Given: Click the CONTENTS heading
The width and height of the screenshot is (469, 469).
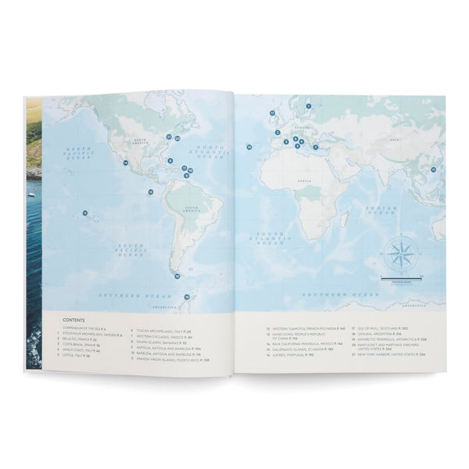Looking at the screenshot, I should tap(74, 320).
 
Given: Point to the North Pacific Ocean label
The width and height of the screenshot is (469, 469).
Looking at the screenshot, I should tap(79, 152).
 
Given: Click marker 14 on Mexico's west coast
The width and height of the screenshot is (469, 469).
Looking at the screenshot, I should tap(125, 163).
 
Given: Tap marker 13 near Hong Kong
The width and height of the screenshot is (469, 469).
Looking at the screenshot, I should tap(433, 169).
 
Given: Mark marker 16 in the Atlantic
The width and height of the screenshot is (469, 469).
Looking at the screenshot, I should tap(249, 146).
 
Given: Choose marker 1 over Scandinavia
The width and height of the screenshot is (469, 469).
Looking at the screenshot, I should tap(309, 106).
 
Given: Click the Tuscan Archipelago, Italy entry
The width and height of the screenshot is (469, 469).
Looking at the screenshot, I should tap(163, 330).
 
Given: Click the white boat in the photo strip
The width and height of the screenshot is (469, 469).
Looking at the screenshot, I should tap(30, 193).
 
